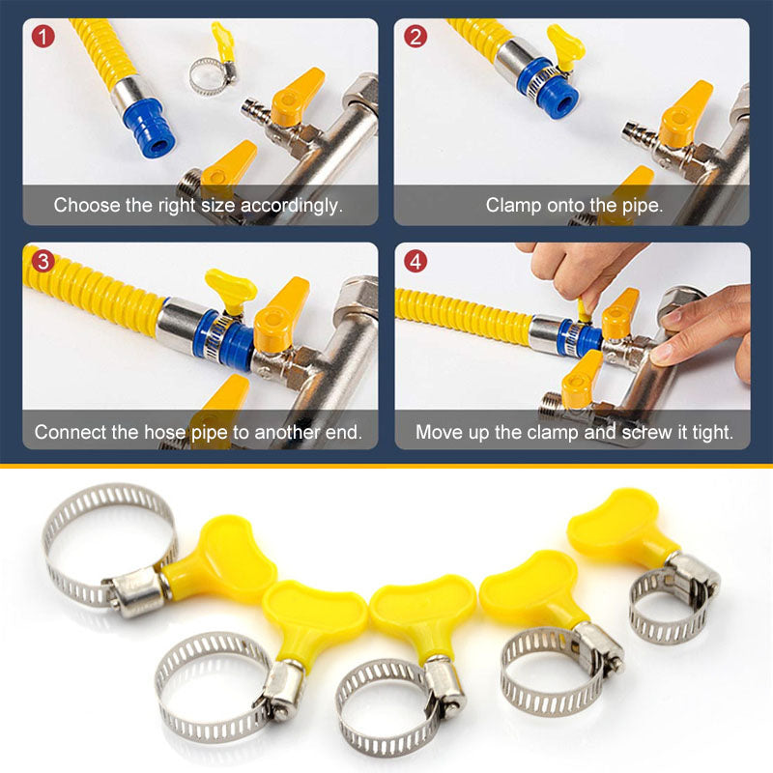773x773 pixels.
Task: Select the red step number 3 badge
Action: tap(40, 262)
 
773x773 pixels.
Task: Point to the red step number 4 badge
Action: tap(415, 262)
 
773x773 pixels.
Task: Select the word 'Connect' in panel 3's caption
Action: tap(68, 432)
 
